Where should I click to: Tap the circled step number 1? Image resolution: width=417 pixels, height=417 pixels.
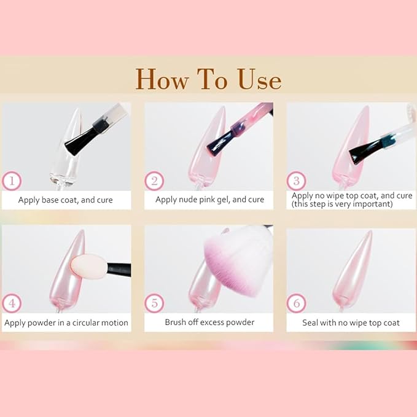click(12, 181)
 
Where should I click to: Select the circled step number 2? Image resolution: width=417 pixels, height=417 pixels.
click(154, 181)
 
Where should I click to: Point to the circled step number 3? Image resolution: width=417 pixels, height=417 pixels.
click(296, 181)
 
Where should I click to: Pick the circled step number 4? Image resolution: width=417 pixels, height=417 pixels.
click(12, 303)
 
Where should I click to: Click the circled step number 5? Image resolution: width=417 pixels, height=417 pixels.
click(154, 303)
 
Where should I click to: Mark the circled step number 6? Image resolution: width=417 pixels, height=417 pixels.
click(296, 303)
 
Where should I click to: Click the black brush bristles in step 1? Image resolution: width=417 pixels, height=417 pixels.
click(80, 141)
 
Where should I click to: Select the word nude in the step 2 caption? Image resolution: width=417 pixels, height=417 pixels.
click(188, 200)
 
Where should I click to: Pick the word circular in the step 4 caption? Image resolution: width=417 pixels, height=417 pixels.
click(85, 322)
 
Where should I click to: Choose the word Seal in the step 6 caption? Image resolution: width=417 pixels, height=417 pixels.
click(310, 322)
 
